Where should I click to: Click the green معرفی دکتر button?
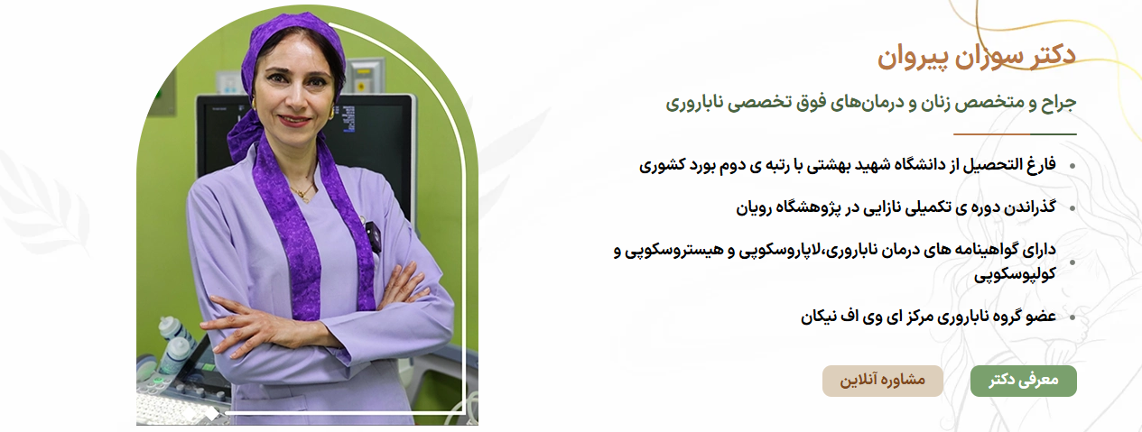(1023, 381)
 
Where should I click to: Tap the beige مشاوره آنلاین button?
(883, 381)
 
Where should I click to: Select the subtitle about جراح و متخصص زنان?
(871, 103)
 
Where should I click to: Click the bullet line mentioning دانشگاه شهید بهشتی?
(848, 165)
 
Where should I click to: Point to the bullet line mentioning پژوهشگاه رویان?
(896, 207)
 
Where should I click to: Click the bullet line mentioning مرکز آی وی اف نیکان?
(928, 317)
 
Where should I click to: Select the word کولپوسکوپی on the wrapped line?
(1015, 274)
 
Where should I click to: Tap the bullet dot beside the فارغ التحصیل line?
(1072, 166)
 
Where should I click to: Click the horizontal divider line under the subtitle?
(1015, 134)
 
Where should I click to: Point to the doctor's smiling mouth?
(294, 121)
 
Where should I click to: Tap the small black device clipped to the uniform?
(375, 237)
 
